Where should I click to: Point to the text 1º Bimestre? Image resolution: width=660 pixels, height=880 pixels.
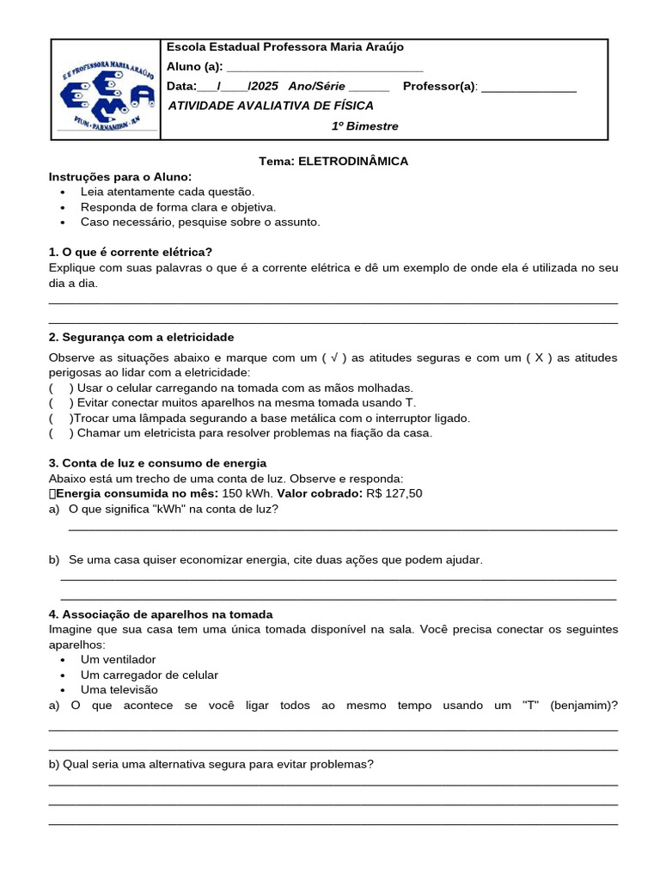coord(365,126)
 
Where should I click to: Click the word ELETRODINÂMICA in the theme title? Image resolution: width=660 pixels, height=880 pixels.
coord(353,161)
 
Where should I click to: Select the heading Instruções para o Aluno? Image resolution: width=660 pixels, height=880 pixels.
coord(120,176)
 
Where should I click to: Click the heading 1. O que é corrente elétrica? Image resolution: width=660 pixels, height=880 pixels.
coord(131,252)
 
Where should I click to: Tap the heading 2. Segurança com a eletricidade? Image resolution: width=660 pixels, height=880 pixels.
coord(142,337)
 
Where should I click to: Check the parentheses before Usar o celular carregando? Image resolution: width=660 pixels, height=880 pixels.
coord(61,388)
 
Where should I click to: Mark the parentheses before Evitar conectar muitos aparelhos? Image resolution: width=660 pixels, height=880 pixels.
coord(61,403)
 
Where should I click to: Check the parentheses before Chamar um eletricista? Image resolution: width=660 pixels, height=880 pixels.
coord(61,433)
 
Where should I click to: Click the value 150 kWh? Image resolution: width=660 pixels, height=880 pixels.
coord(247,493)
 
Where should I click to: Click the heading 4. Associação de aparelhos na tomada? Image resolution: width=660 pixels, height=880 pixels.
coord(161,614)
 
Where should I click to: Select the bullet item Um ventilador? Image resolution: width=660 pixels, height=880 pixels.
coord(119,659)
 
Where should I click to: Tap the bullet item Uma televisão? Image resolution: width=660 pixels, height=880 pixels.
coord(119,689)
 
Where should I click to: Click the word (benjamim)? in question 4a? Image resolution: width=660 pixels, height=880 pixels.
coord(584,705)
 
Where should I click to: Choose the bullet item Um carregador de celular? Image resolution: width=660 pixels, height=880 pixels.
coord(150,675)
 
